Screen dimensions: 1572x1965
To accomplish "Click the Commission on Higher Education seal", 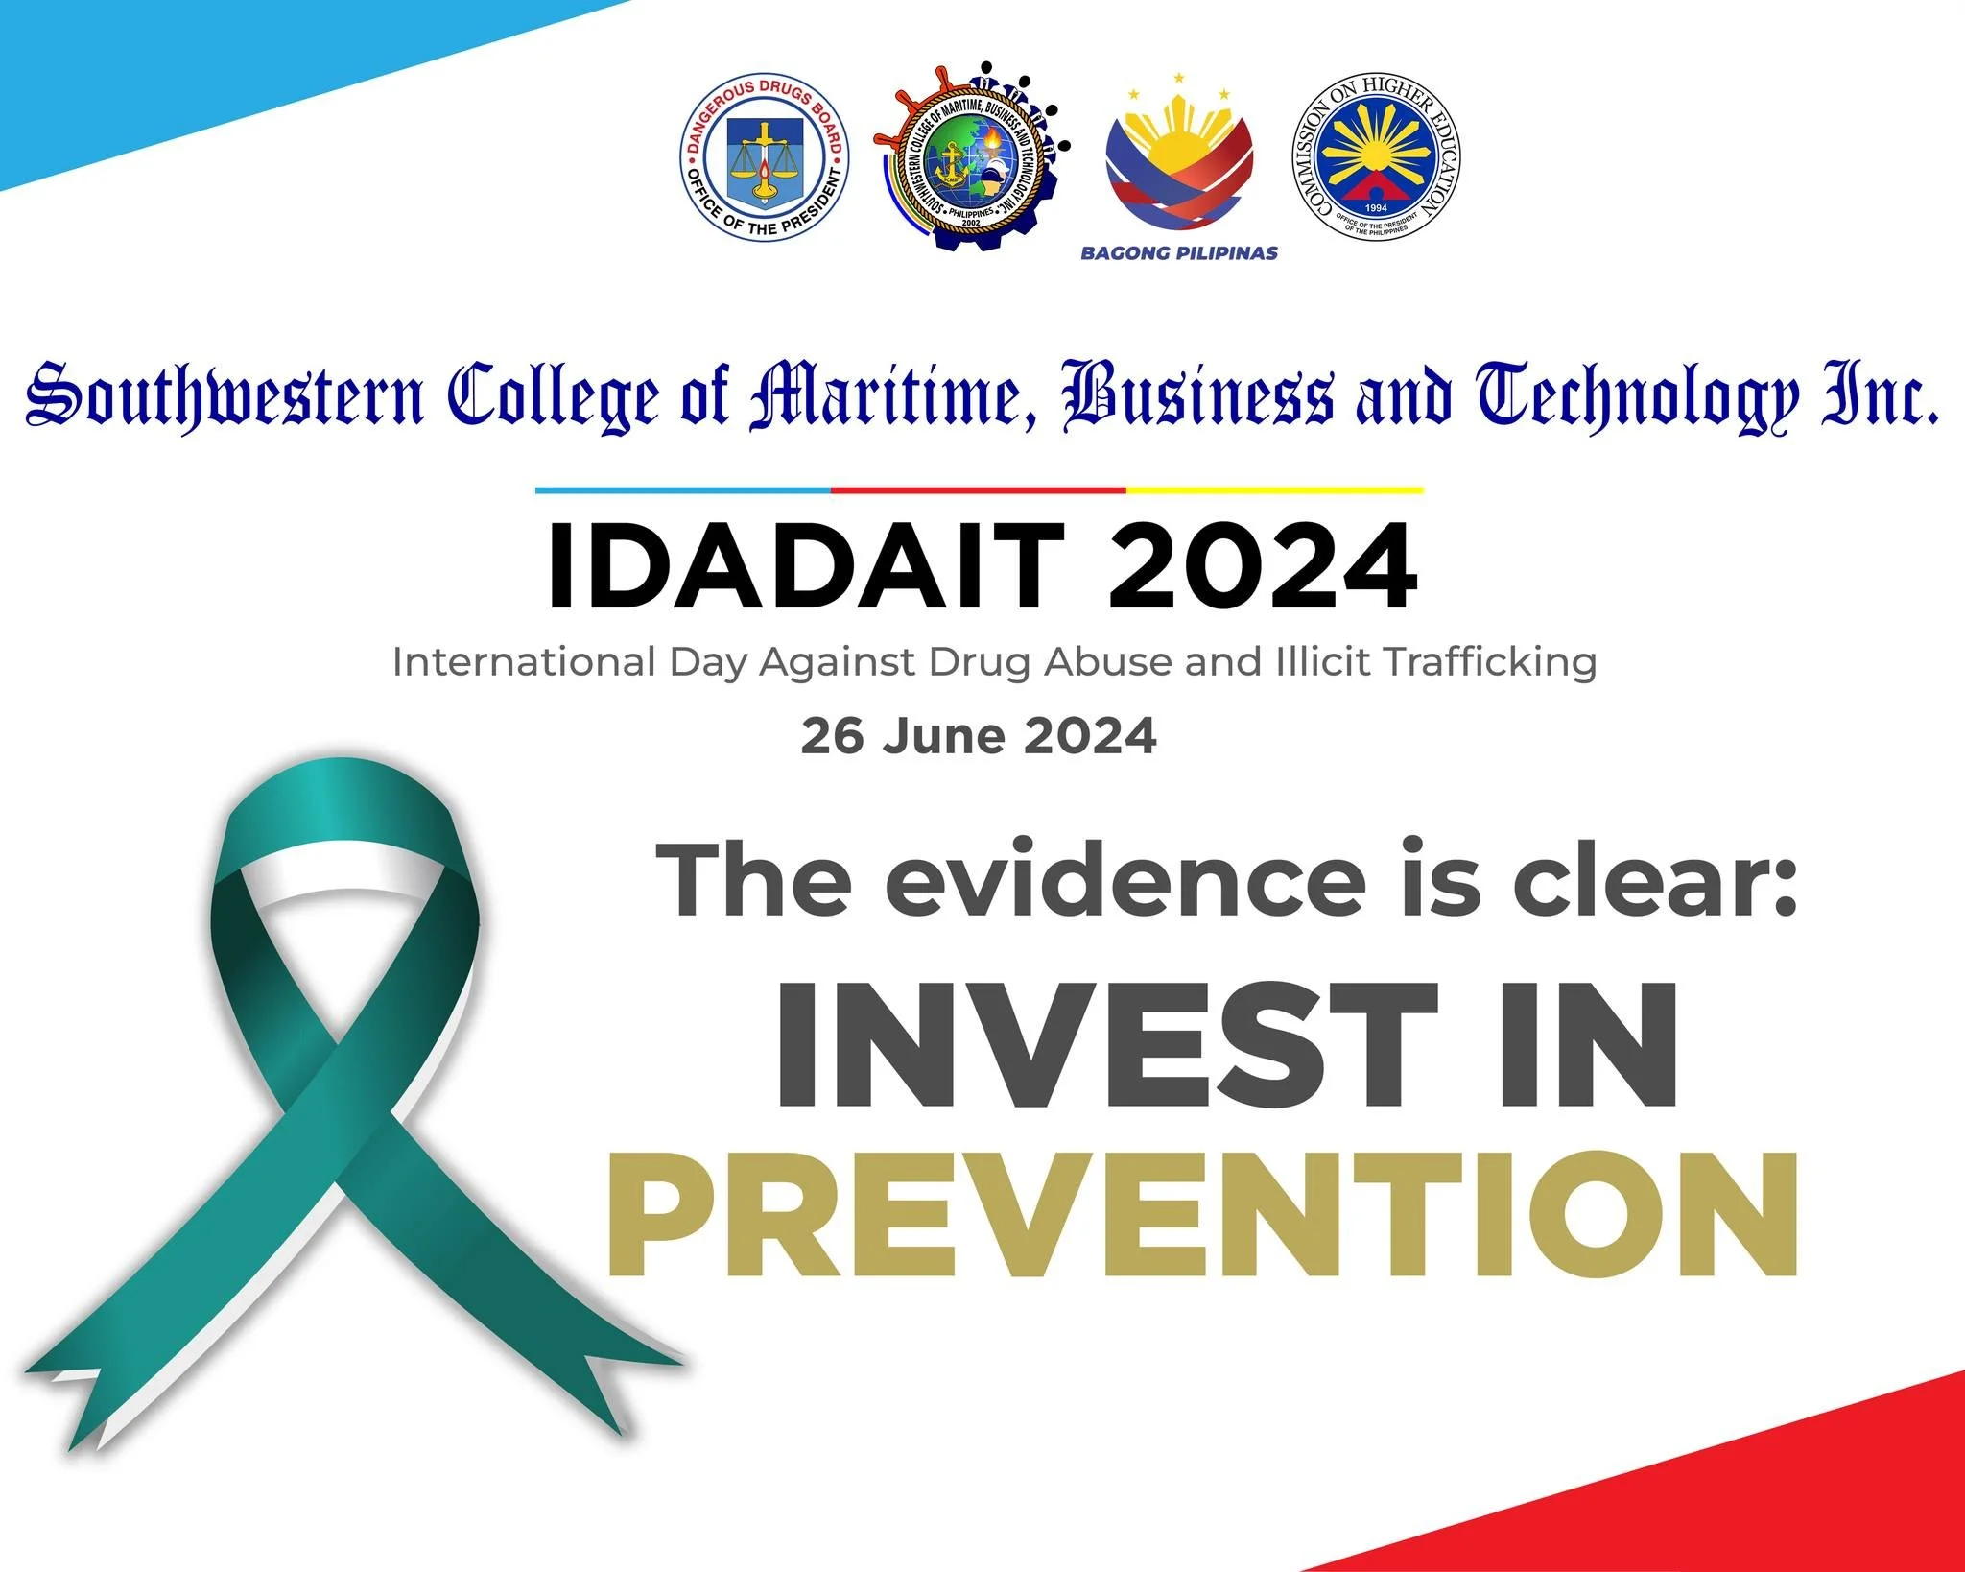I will pyautogui.click(x=1376, y=156).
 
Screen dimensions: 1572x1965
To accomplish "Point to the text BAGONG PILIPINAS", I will pyautogui.click(x=1179, y=253).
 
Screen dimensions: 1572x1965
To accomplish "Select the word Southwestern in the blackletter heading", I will pyautogui.click(x=225, y=396).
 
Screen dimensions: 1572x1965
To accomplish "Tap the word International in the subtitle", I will pyautogui.click(x=524, y=662).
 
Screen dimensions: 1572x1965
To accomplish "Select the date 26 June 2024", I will pyautogui.click(x=979, y=736).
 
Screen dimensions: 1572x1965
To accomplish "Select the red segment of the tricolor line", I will pyautogui.click(x=978, y=490).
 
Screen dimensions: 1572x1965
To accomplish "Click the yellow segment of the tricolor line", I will pyautogui.click(x=1273, y=490).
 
